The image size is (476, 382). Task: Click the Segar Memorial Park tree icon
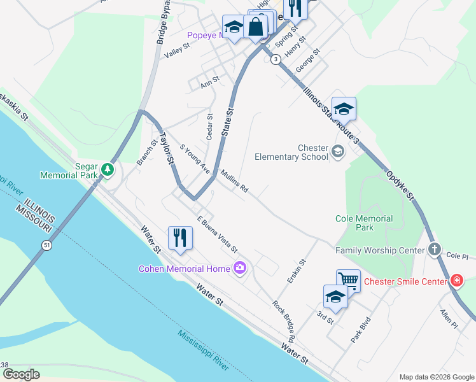click(108, 169)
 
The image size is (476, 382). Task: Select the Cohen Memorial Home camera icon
click(240, 268)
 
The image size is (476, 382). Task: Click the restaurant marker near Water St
click(180, 238)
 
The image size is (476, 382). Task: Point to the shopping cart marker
click(348, 279)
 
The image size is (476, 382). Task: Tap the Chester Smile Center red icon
click(456, 281)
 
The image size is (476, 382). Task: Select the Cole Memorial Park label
click(364, 222)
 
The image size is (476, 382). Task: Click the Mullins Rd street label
click(234, 181)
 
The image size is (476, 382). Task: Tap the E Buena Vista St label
click(217, 234)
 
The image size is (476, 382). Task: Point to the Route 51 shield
click(46, 244)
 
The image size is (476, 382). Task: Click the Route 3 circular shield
click(275, 59)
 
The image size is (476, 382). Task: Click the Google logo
click(21, 374)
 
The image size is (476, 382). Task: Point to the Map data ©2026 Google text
click(436, 377)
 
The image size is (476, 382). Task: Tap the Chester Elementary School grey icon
click(337, 151)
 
